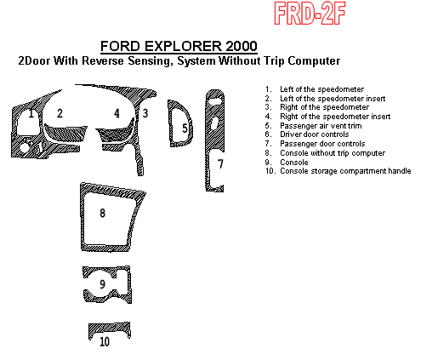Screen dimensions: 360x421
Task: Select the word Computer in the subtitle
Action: tap(311, 61)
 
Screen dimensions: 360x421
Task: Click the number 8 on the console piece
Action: tap(103, 213)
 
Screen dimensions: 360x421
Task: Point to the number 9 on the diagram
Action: tap(103, 284)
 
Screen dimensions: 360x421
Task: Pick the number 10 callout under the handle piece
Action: tap(104, 342)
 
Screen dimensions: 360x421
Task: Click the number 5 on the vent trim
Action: tap(185, 129)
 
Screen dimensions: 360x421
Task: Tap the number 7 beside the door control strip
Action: tap(220, 163)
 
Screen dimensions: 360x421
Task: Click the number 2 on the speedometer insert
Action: tap(60, 113)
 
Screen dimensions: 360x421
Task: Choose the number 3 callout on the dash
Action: tap(145, 113)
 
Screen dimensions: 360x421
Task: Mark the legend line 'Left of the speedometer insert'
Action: tap(330, 98)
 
